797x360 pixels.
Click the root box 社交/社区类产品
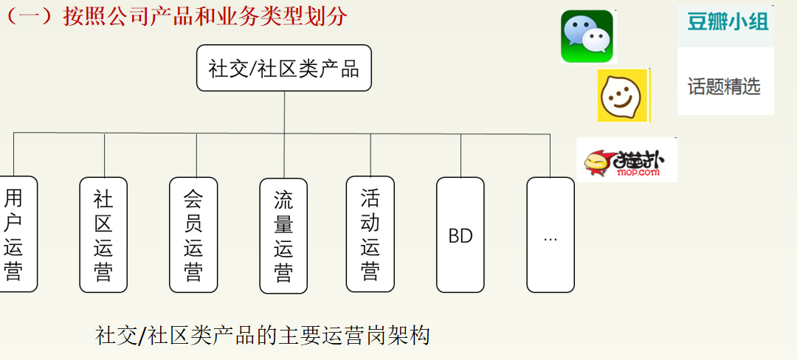click(x=284, y=69)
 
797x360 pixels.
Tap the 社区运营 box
click(x=103, y=234)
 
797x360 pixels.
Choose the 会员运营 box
click(x=193, y=234)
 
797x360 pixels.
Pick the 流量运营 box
click(x=283, y=235)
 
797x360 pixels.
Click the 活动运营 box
click(x=370, y=234)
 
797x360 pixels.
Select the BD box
click(x=460, y=235)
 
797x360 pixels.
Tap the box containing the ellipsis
click(x=551, y=235)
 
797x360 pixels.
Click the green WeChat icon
click(x=587, y=36)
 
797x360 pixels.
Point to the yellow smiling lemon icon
click(x=623, y=95)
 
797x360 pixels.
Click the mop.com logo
click(x=627, y=160)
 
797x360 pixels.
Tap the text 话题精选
click(x=724, y=86)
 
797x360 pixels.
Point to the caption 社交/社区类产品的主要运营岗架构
click(x=263, y=335)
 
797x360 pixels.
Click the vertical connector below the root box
click(x=284, y=112)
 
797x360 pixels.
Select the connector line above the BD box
click(x=460, y=155)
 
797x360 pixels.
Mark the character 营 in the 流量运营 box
click(x=283, y=273)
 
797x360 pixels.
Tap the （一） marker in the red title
click(x=30, y=16)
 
